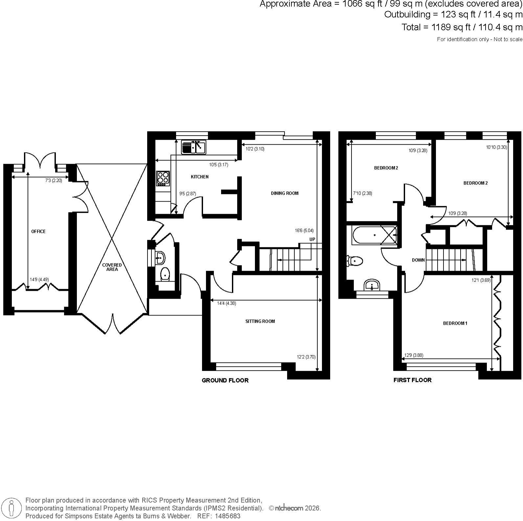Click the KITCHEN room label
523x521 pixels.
(200, 177)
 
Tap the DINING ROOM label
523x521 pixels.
(284, 193)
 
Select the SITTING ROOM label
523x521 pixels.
(260, 321)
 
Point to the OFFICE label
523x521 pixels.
(38, 232)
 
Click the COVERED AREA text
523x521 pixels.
(112, 267)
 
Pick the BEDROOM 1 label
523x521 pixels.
(455, 323)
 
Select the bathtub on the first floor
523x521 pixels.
(374, 235)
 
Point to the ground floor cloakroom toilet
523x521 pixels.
(165, 274)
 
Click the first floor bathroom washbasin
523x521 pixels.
(372, 285)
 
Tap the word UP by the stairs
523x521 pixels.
(312, 239)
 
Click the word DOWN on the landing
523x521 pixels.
(418, 260)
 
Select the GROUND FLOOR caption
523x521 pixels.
(225, 381)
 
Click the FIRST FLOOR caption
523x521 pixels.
(413, 380)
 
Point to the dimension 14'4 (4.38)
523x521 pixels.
(227, 304)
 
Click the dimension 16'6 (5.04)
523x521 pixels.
(304, 231)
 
